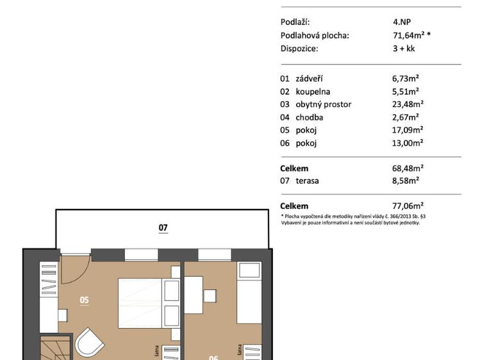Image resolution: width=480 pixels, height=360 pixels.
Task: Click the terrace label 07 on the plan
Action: point(163,227)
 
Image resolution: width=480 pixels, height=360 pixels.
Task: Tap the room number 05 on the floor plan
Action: point(84,299)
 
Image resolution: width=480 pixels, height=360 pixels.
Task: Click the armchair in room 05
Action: point(90,345)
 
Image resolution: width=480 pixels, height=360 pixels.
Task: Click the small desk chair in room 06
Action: point(209,295)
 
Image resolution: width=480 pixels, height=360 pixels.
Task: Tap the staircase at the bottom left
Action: point(54,349)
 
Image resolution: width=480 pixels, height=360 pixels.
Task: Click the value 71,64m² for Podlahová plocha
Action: point(411,35)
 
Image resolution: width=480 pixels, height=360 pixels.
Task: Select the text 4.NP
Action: point(402,22)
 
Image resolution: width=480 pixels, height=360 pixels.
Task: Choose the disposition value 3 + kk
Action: point(404,48)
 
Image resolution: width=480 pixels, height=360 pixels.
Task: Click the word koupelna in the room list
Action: point(313,92)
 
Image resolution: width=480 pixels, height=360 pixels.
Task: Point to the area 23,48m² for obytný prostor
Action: point(408,104)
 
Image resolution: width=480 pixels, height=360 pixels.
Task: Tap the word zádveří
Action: point(309,79)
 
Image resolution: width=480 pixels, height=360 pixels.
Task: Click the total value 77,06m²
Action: point(408,206)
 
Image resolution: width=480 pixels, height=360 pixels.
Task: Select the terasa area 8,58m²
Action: point(406,181)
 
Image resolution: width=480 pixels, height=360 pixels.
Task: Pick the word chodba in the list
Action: point(309,117)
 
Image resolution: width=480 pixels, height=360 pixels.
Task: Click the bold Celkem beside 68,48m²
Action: point(294,168)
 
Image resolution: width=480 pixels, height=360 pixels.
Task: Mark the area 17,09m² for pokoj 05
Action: point(408,130)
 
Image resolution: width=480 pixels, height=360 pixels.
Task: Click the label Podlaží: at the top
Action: point(295,22)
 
